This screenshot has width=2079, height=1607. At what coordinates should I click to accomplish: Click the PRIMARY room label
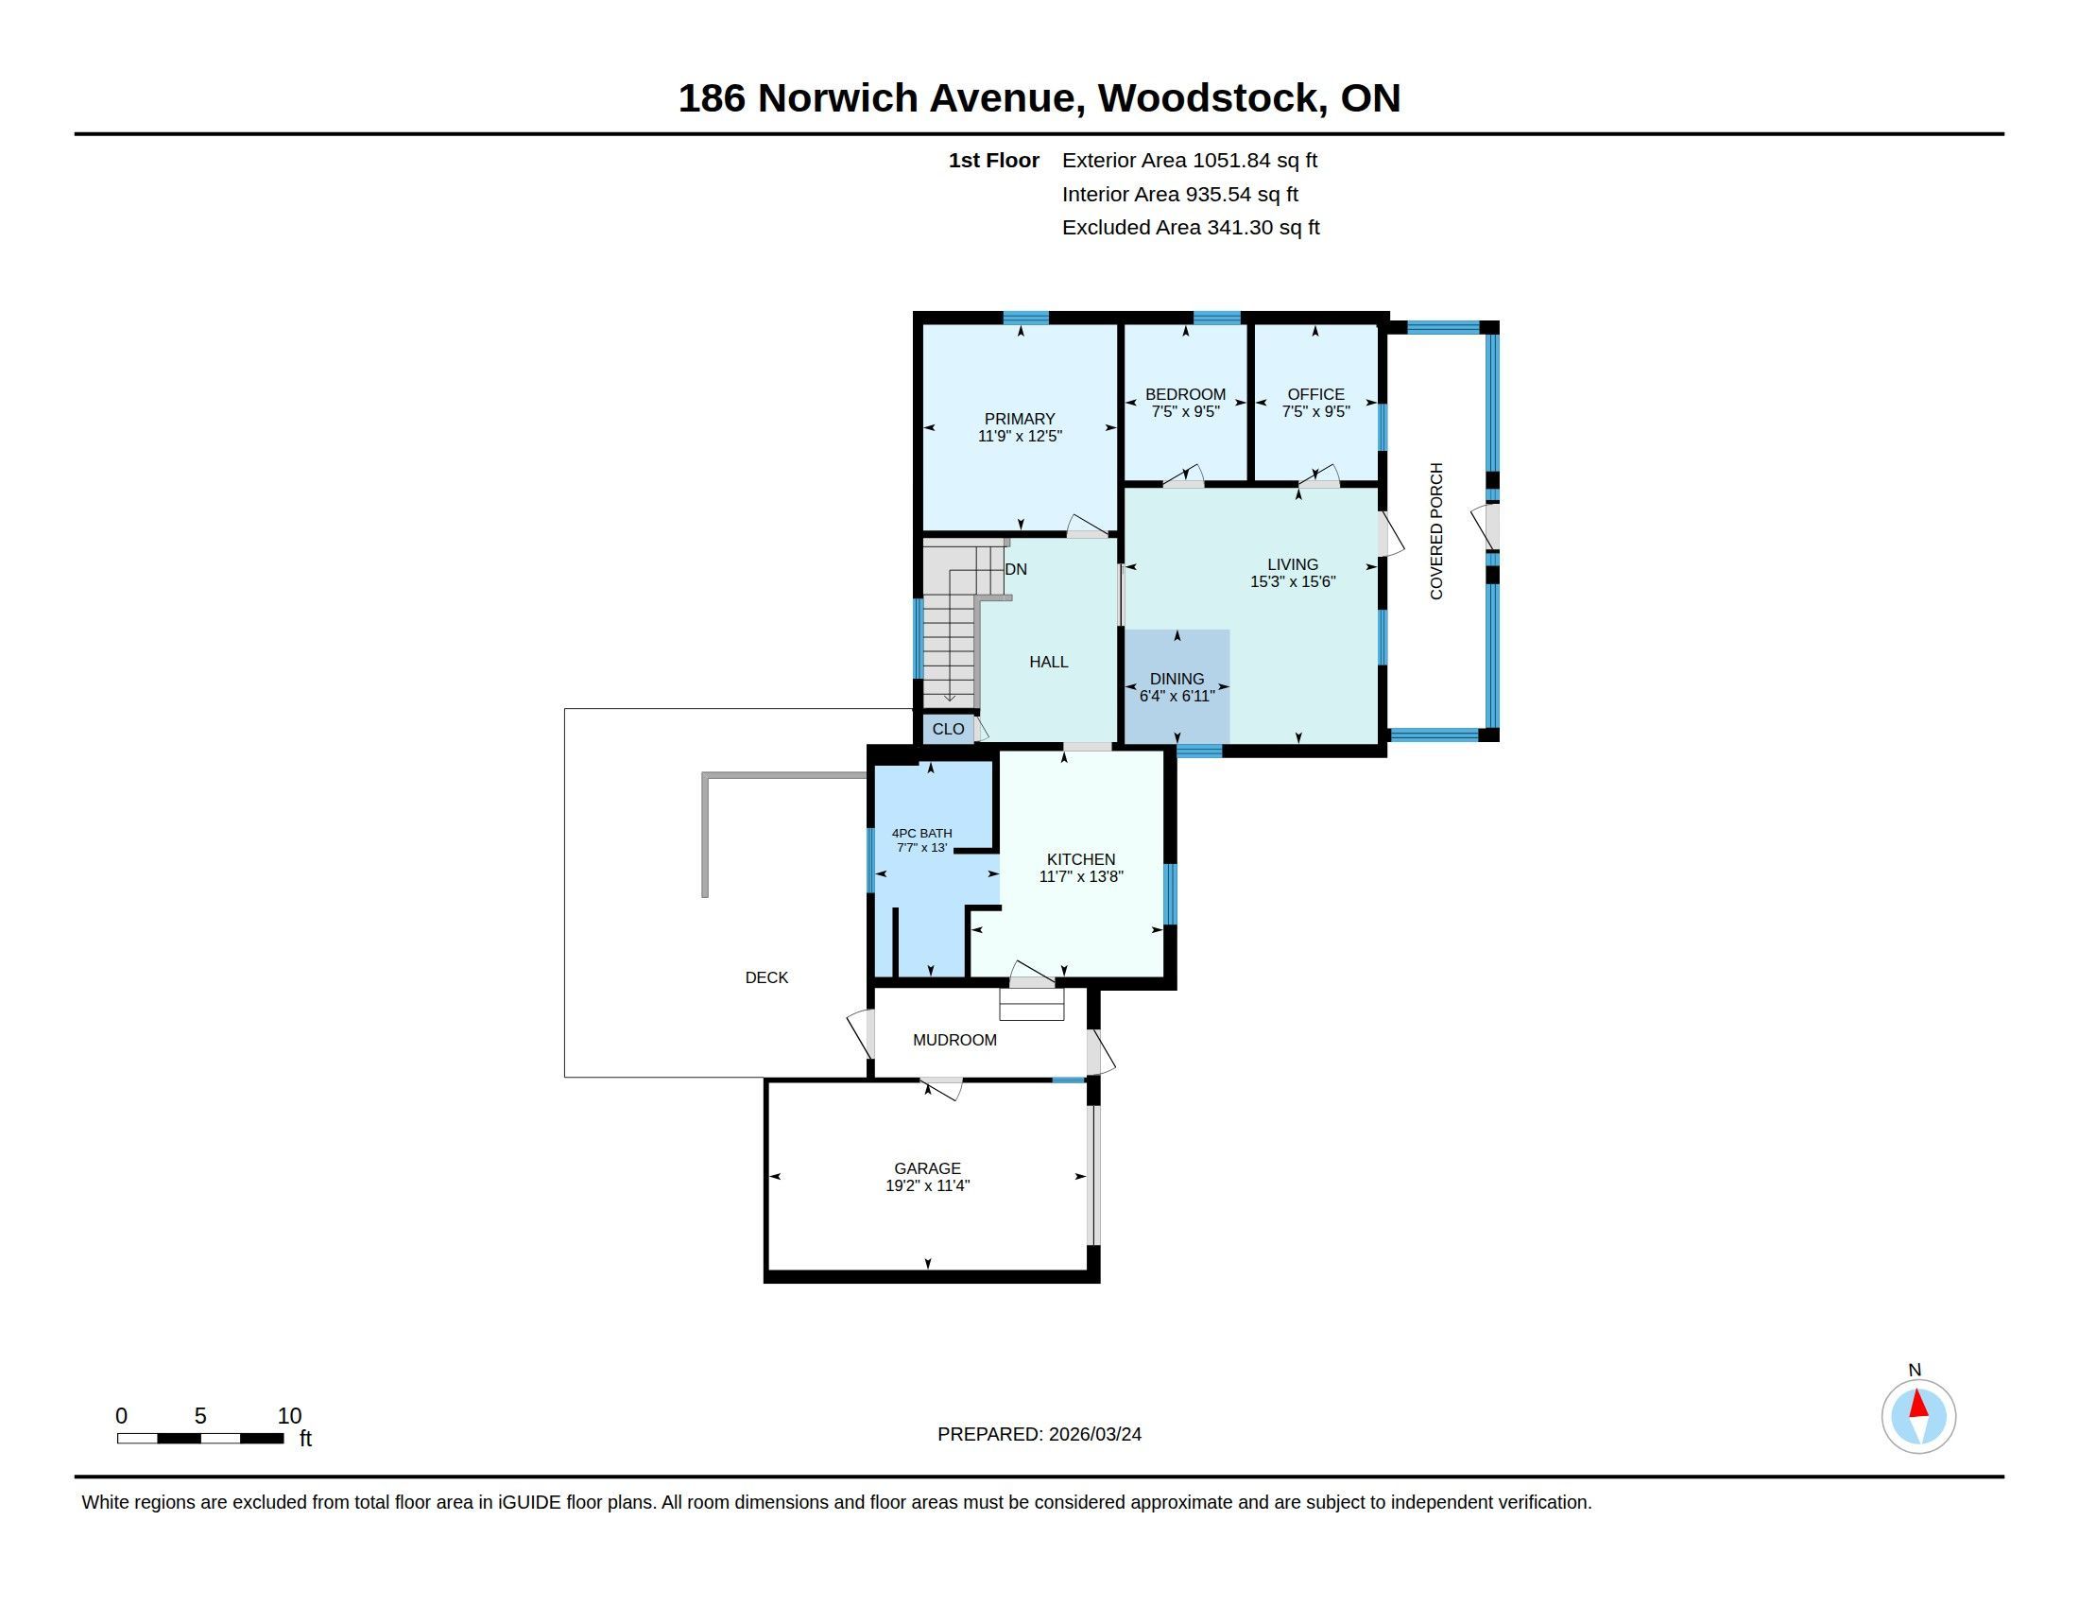click(1020, 419)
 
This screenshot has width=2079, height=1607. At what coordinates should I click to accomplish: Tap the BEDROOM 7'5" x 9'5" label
click(1185, 403)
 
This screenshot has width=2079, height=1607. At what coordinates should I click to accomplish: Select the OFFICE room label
click(1315, 394)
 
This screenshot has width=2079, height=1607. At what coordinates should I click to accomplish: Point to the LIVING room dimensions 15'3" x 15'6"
click(1293, 581)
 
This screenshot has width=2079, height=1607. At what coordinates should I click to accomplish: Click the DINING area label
click(1177, 679)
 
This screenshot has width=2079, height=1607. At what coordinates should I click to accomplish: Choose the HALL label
click(1048, 662)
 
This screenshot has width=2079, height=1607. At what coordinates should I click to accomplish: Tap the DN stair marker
click(1016, 569)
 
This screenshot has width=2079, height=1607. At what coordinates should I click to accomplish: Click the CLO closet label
click(948, 729)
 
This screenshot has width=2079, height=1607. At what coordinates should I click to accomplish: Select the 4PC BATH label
click(921, 833)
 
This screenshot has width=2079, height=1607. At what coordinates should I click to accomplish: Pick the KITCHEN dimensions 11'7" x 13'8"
click(1081, 877)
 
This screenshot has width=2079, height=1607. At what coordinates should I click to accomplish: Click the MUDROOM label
click(954, 1040)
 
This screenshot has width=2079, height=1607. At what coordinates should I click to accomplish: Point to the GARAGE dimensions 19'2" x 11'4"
click(927, 1185)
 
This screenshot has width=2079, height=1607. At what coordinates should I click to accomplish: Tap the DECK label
click(766, 977)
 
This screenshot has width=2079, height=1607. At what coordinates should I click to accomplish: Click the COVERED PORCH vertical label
click(1436, 531)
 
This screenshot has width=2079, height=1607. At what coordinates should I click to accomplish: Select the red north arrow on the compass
click(1919, 1405)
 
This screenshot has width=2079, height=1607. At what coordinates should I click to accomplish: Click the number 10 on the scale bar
click(289, 1416)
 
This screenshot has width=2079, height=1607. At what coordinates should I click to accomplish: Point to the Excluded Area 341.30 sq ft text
click(1191, 228)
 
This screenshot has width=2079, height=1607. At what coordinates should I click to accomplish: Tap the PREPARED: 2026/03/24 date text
click(1039, 1434)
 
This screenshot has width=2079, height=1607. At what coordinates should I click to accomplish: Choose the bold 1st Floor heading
click(994, 160)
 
